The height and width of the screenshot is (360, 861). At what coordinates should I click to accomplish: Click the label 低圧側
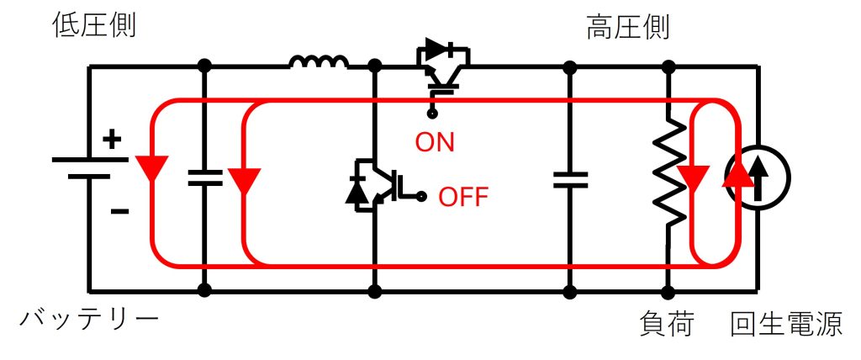point(93,26)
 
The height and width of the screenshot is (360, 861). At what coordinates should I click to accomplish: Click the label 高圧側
point(627,26)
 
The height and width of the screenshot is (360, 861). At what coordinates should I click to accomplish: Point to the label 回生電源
point(786,325)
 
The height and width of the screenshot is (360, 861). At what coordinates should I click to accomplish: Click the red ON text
point(435,142)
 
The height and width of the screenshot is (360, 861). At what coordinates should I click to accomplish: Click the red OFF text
point(463,198)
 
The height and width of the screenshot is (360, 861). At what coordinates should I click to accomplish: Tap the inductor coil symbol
point(319,62)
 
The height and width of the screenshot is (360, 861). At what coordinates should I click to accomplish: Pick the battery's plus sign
point(111,140)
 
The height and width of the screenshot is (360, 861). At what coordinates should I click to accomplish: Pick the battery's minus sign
point(119,210)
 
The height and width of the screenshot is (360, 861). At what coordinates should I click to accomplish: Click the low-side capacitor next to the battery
point(204,177)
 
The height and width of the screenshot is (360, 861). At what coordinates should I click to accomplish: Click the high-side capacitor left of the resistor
point(570,178)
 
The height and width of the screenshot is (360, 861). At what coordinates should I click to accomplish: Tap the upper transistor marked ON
point(441,67)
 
